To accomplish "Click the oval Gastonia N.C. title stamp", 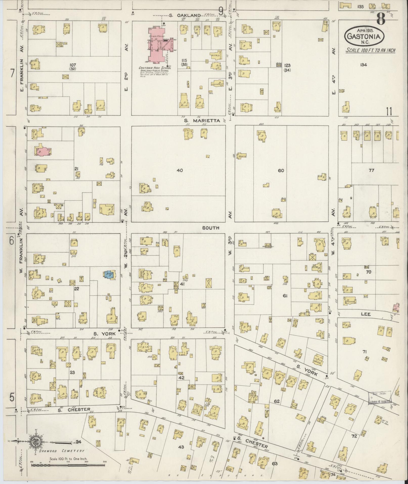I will pyautogui.click(x=364, y=36).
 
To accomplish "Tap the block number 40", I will pyautogui.click(x=180, y=171).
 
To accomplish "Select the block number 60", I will pyautogui.click(x=281, y=171).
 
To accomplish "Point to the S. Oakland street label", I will pyautogui.click(x=185, y=16).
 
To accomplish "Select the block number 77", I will pyautogui.click(x=371, y=170).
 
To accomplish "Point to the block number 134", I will pyautogui.click(x=363, y=65).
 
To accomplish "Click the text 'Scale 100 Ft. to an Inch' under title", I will pyautogui.click(x=371, y=50).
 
